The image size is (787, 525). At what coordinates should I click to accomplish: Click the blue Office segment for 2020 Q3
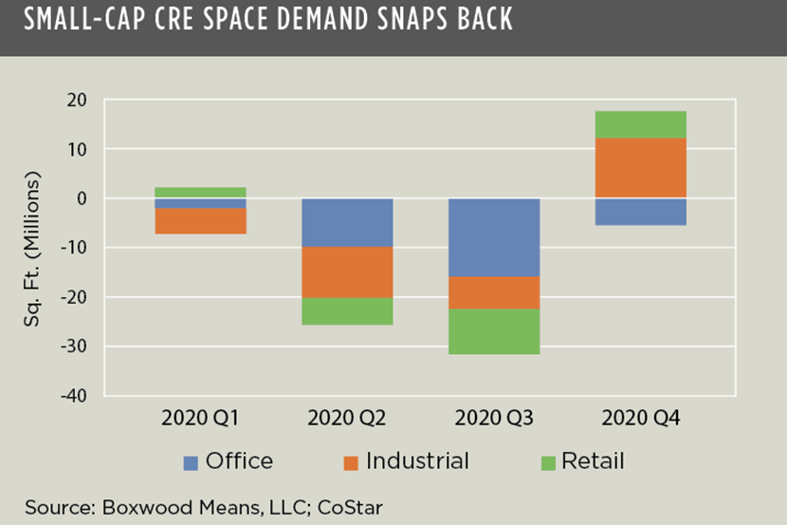pos(494,237)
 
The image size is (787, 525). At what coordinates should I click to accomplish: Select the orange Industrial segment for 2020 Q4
pos(641,168)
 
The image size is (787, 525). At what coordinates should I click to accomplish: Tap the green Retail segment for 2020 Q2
pos(347,311)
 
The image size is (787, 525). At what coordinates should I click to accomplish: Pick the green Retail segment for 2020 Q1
pos(200,193)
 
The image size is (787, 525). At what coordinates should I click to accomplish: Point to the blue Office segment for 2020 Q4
pos(641,212)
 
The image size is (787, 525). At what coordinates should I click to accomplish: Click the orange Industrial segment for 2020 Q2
pos(347,272)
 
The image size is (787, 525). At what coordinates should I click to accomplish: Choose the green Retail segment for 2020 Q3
pos(494,331)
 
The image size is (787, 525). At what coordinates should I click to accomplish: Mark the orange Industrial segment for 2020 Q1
pos(200,221)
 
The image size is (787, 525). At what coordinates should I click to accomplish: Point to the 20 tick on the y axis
pos(77,101)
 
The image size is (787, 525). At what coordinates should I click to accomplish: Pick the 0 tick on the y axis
pos(82,198)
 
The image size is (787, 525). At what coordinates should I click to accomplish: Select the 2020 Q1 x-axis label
pos(200,418)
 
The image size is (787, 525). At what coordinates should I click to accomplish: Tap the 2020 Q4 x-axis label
pos(641,418)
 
